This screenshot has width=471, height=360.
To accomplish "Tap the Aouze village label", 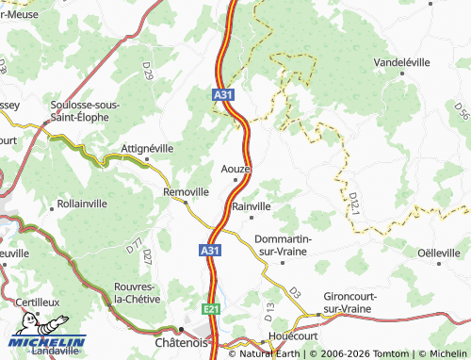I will tap(235, 168).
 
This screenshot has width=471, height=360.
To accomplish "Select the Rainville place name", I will tap(251, 205).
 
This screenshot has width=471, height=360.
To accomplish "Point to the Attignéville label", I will tap(149, 148).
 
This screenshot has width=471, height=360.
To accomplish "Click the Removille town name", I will tap(186, 191).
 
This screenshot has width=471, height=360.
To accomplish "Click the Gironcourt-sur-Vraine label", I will tap(349, 302).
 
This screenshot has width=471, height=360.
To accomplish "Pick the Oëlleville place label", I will tap(438, 253).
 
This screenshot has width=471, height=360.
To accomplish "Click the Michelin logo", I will tap(48, 344).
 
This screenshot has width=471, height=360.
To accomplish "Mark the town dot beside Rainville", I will tap(251, 218).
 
